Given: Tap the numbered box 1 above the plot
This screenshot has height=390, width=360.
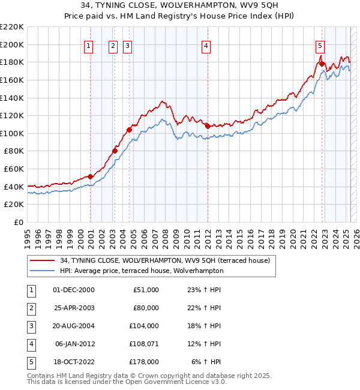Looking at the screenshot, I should point(89,45).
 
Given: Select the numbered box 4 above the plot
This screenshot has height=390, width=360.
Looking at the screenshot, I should point(206,45).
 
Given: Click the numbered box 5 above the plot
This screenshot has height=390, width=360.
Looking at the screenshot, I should point(320,45).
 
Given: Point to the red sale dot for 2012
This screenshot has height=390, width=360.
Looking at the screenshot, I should point(208,126).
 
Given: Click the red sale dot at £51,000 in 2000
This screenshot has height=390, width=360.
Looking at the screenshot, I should point(90,176).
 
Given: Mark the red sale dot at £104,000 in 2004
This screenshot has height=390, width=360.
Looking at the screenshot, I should point(129,129).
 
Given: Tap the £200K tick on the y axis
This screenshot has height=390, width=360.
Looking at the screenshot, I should point(13,44).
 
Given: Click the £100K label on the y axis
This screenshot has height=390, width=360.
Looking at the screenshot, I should point(13,133).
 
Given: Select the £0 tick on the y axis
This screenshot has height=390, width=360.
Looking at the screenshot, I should point(18,222).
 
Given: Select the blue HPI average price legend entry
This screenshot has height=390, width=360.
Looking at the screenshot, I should point(142,271).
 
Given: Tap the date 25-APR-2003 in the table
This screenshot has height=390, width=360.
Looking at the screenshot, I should point(74,308).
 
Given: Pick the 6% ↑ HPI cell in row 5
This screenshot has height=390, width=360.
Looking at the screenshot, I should point(206,362).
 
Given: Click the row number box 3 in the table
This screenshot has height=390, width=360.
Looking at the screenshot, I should point(30,326).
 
